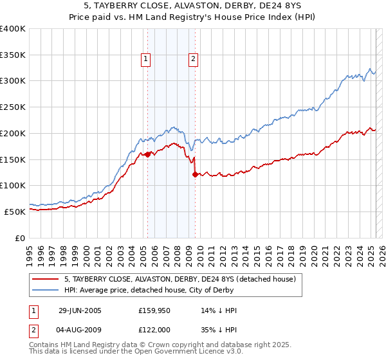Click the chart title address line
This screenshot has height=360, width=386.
193,6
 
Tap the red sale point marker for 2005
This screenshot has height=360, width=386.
148,154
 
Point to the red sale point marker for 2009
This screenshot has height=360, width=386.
195,174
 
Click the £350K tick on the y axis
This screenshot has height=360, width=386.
13,55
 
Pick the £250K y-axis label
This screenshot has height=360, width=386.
13,107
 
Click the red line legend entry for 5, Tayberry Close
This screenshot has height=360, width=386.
179,279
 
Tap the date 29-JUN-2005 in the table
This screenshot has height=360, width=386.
80,310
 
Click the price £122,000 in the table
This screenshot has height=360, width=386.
154,329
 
